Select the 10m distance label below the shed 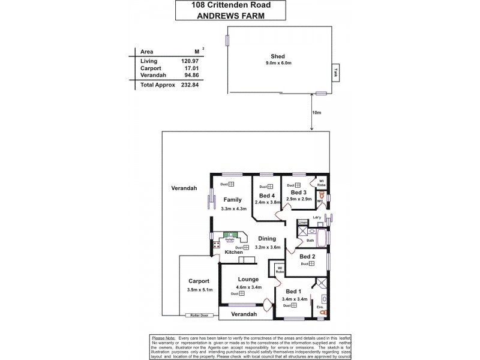(317, 113)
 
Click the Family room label (232, 200)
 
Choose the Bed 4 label (266, 196)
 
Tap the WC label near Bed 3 (320, 201)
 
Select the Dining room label (267, 238)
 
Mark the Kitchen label (233, 253)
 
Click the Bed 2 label (307, 256)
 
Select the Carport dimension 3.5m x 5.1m (199, 290)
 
